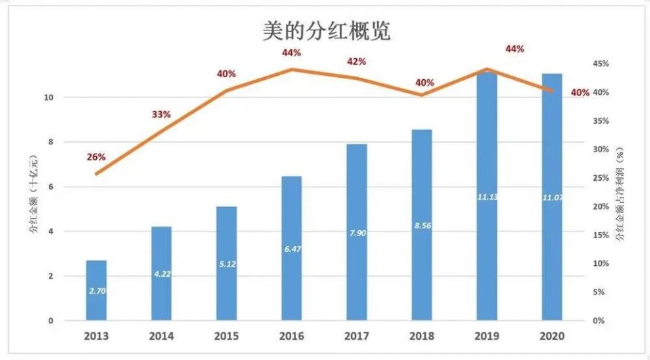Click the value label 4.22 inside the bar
tap(161, 274)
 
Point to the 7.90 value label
tap(357, 233)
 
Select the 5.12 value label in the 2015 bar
tap(227, 264)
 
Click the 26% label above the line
tap(96, 157)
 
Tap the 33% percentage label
tap(161, 114)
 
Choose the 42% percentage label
tap(357, 62)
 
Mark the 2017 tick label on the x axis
tap(357, 336)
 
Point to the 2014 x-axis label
tap(161, 336)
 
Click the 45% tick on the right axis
tap(601, 64)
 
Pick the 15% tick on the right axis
tap(601, 235)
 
